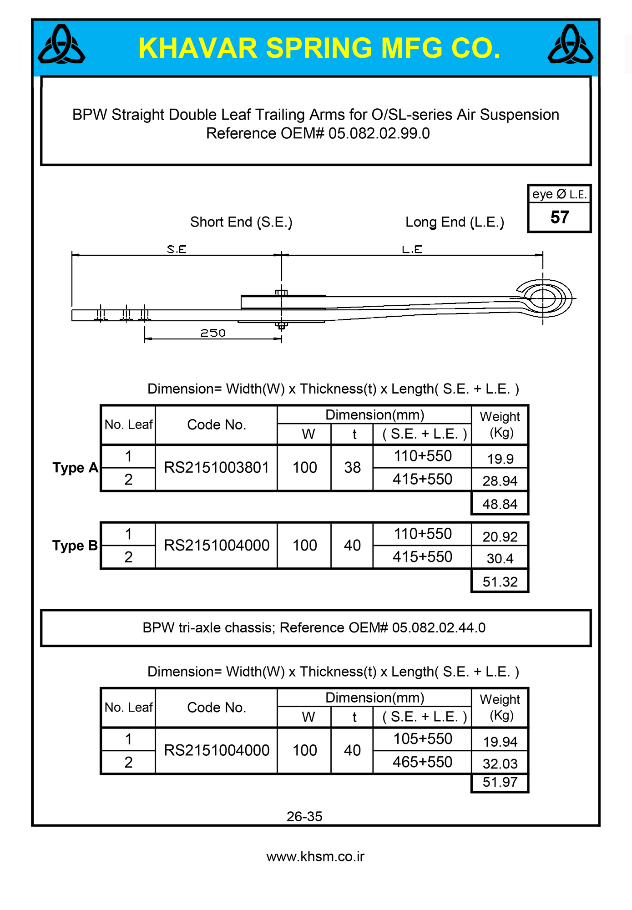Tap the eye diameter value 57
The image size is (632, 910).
(560, 217)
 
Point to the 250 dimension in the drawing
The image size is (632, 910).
(213, 333)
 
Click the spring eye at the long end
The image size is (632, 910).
(543, 298)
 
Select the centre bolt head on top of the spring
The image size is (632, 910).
(282, 293)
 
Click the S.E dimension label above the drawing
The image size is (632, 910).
(177, 249)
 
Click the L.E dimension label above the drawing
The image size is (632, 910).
(412, 249)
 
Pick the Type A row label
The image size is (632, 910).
(75, 468)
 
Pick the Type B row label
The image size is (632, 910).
(75, 546)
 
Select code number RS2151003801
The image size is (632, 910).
(217, 468)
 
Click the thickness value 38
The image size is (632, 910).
(352, 468)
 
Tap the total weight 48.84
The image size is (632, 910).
(500, 504)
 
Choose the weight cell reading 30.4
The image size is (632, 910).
(500, 558)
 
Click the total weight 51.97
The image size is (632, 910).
(500, 782)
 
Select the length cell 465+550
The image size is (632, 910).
(422, 762)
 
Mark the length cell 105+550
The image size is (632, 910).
(422, 739)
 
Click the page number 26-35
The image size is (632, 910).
(304, 816)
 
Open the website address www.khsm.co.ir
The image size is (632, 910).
(315, 857)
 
